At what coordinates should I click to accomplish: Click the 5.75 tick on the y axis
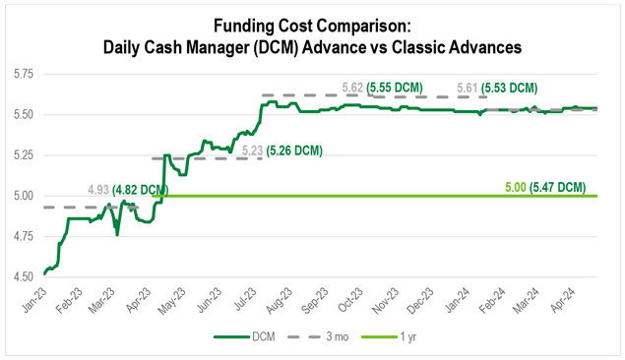(x=22, y=74)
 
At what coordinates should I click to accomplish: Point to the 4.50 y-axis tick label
(x=22, y=277)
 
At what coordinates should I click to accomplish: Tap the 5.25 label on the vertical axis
(x=22, y=155)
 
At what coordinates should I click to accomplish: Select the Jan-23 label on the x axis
(x=34, y=299)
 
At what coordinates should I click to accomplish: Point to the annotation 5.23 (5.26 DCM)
(x=281, y=151)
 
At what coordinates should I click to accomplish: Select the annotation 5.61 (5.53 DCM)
(x=510, y=88)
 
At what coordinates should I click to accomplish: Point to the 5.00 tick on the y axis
(x=22, y=196)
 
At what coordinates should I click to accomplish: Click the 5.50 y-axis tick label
(x=22, y=114)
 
